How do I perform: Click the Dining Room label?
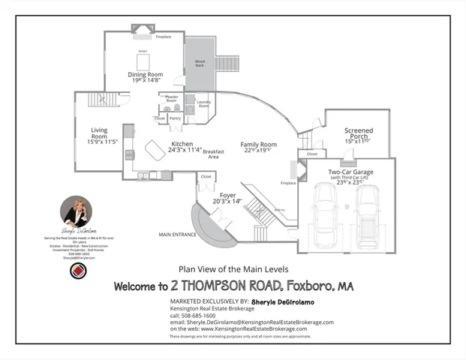(x=145, y=75)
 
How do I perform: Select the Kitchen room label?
(x=182, y=144)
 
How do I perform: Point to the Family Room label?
(x=258, y=144)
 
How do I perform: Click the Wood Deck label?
(x=200, y=63)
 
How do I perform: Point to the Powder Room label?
(x=171, y=98)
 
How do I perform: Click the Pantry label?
(x=175, y=118)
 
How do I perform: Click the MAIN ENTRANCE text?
(x=177, y=234)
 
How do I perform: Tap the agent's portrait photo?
(x=76, y=211)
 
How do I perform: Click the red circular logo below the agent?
(x=77, y=271)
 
